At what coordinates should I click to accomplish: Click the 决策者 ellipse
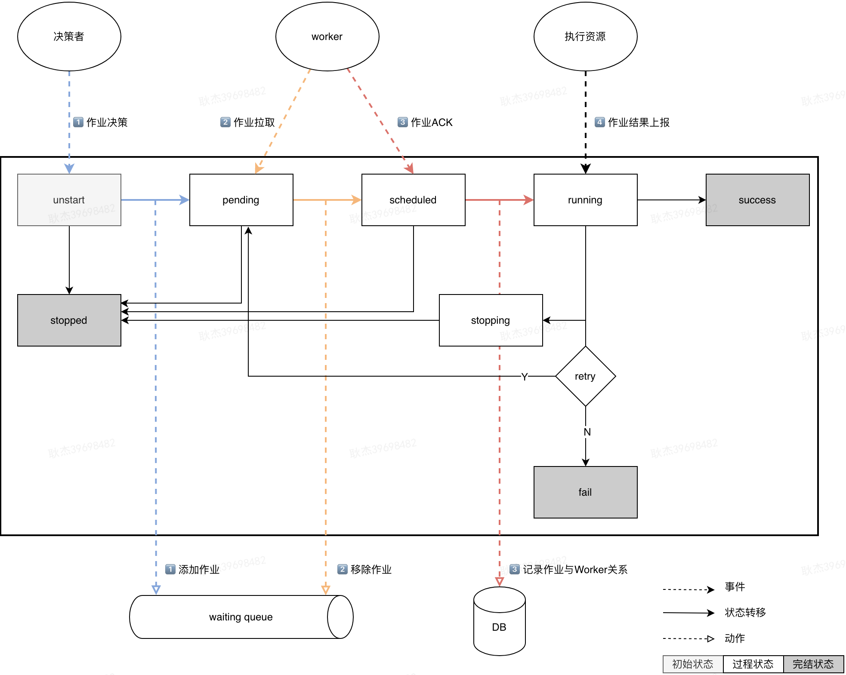69,37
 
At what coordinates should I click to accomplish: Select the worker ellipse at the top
327,37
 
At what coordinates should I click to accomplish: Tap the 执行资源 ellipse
585,37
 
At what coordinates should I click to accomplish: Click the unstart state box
69,200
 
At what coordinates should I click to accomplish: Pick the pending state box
241,200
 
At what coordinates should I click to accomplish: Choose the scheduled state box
413,200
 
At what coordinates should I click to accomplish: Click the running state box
585,200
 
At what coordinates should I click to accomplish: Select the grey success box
757,200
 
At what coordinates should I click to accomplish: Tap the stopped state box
69,320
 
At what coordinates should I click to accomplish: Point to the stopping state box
491,320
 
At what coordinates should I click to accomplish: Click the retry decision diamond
585,376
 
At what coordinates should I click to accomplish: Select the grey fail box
585,492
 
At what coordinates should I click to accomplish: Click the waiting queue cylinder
241,617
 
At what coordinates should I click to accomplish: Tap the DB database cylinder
499,627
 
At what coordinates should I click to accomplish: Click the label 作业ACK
431,123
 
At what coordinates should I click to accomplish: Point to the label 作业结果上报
638,123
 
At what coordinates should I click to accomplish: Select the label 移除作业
371,570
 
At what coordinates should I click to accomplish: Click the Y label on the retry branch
524,377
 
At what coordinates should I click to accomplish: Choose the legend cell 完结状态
813,664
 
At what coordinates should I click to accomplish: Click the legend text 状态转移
745,612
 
